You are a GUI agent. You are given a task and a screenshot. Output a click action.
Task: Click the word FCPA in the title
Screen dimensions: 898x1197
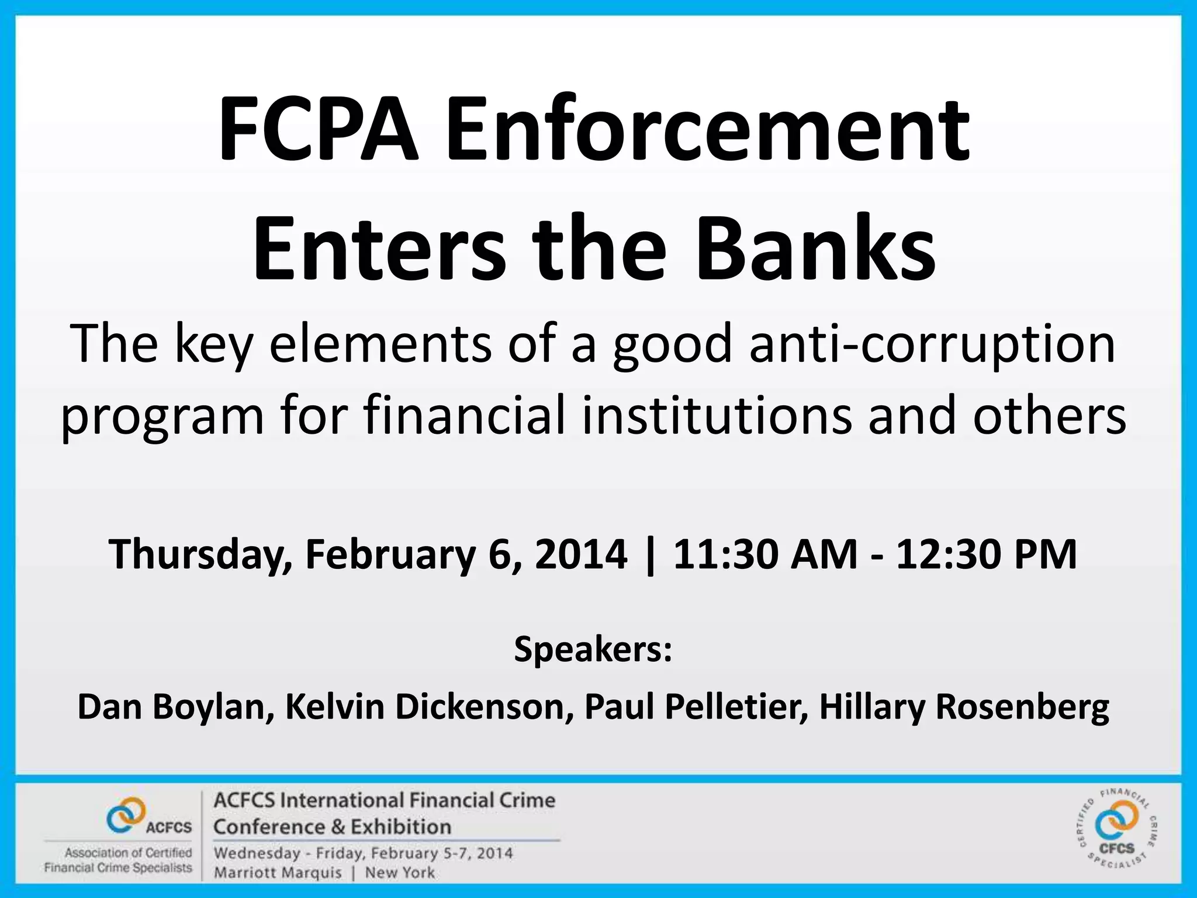(319, 130)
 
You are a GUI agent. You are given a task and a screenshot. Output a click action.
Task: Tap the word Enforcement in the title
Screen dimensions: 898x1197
(708, 130)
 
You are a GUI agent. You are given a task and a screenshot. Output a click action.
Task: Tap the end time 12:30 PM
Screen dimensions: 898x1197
(987, 554)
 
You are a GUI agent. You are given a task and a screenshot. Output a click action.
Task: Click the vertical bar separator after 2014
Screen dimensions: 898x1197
(650, 554)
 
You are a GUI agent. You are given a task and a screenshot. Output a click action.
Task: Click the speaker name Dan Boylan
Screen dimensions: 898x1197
(175, 707)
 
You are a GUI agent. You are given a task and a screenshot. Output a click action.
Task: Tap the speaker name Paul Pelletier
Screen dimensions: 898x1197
(696, 707)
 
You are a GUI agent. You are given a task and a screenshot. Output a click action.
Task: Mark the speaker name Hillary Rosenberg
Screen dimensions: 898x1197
(964, 707)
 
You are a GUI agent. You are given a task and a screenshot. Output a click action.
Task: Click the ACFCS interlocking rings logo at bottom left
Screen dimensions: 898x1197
(126, 814)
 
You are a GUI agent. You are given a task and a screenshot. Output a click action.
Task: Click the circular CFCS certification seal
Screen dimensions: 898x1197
(1117, 828)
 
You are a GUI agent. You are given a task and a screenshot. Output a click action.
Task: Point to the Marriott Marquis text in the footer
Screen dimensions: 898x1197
(278, 873)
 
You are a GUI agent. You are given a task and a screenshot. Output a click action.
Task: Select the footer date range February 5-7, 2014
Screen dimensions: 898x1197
(442, 853)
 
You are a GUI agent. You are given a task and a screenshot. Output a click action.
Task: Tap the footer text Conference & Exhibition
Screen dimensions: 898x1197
(332, 827)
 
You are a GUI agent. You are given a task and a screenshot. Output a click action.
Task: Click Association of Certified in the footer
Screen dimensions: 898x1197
(128, 853)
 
